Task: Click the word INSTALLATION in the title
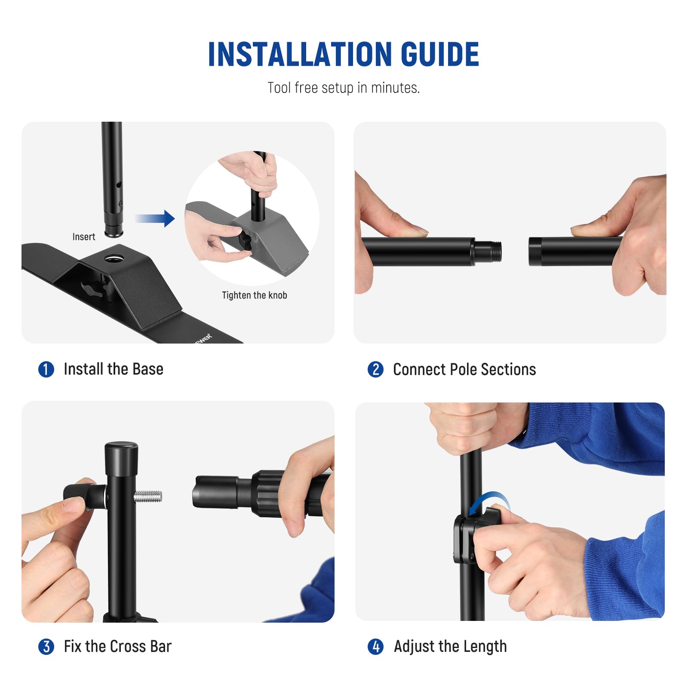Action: pyautogui.click(x=300, y=55)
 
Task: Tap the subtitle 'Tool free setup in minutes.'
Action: pyautogui.click(x=343, y=88)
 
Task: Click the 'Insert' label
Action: pyautogui.click(x=83, y=236)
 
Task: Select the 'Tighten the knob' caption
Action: pyautogui.click(x=254, y=295)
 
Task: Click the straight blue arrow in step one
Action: pyautogui.click(x=156, y=218)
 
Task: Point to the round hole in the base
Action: pyautogui.click(x=114, y=258)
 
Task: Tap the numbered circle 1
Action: pyautogui.click(x=46, y=369)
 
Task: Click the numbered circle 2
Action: pyautogui.click(x=375, y=369)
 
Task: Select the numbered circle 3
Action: pyautogui.click(x=46, y=646)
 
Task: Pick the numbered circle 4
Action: pyautogui.click(x=375, y=646)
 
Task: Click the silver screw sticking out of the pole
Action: pyautogui.click(x=148, y=497)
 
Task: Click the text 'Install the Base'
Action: pyautogui.click(x=114, y=369)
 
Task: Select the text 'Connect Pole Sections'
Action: pyautogui.click(x=464, y=369)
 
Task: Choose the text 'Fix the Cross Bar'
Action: pyautogui.click(x=117, y=646)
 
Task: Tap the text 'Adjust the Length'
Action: pyautogui.click(x=450, y=646)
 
